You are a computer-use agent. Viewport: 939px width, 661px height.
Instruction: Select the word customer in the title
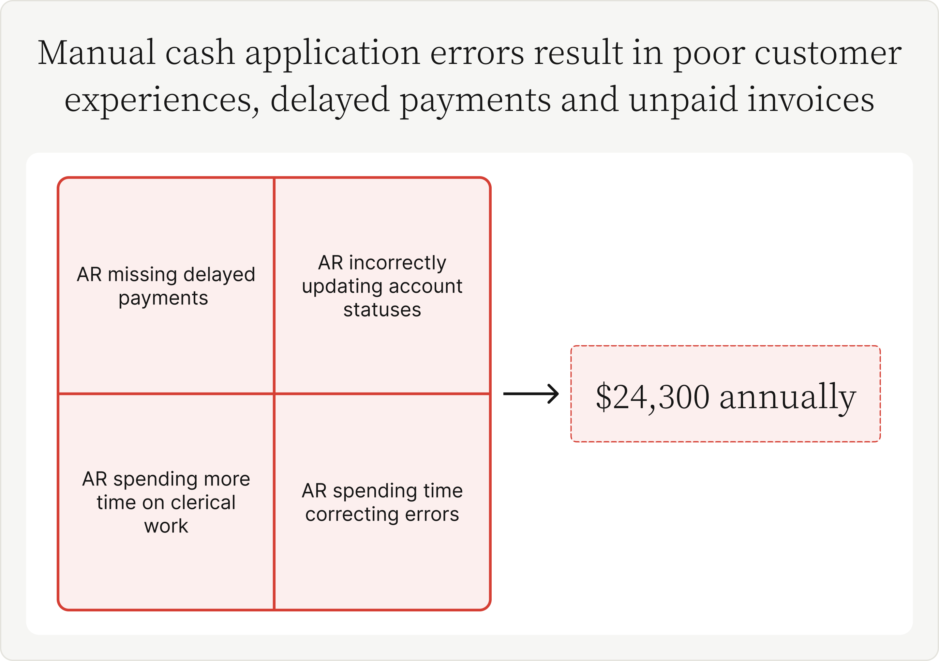(828, 53)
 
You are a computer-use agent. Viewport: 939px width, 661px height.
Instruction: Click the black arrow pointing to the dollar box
(531, 394)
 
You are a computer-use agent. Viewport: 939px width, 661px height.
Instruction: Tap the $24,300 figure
(653, 397)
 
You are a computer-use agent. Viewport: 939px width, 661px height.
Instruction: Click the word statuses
(382, 310)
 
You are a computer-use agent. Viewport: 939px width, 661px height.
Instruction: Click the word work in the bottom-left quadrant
(166, 526)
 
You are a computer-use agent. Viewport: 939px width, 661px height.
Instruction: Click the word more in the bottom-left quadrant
(227, 479)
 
